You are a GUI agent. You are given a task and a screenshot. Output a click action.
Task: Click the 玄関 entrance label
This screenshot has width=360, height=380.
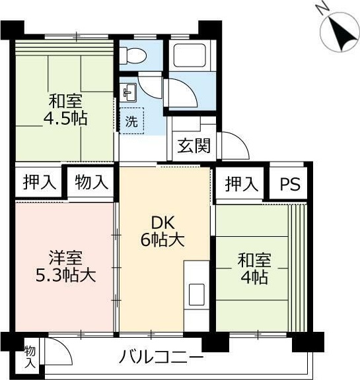pos(194,145)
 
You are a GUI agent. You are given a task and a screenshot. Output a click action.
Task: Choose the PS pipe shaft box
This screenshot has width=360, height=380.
pos(289,184)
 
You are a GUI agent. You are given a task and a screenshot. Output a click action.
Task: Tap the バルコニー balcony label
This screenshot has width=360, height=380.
pos(161,358)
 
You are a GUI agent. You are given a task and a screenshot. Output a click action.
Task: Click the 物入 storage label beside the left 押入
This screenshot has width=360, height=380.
pos(90,182)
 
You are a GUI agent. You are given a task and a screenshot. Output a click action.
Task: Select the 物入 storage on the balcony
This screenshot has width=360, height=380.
pos(30,356)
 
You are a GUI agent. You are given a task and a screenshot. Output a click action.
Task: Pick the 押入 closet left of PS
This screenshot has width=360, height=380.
pos(240,184)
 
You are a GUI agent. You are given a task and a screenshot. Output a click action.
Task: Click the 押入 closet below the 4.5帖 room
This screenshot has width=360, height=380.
pos(38,182)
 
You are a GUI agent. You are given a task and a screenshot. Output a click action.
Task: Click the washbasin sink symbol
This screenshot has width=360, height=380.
pos(128,92)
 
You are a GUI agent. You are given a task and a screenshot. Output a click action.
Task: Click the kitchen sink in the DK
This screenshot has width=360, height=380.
pos(197,294)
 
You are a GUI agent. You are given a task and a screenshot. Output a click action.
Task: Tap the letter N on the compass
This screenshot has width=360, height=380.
pos(322,9)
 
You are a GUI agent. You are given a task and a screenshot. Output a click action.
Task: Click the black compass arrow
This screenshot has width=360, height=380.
pos(342,32)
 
